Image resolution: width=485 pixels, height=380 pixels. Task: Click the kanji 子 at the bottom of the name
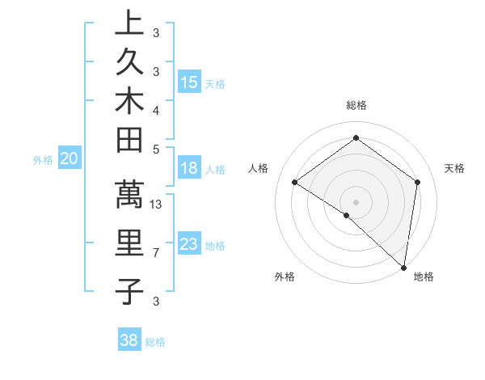pyautogui.click(x=129, y=291)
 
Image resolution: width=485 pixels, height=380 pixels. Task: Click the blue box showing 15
pyautogui.click(x=189, y=82)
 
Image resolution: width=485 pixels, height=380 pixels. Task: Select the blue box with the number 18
pyautogui.click(x=189, y=168)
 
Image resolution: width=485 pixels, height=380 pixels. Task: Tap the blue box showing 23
pyautogui.click(x=189, y=244)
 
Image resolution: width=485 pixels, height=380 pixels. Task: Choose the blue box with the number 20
pyautogui.click(x=70, y=159)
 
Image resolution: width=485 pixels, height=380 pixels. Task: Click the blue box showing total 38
pyautogui.click(x=129, y=340)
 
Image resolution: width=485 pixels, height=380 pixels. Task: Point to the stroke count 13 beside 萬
pyautogui.click(x=157, y=205)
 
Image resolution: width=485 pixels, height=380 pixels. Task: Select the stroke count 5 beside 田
pyautogui.click(x=156, y=150)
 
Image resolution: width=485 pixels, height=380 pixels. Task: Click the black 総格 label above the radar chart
pyautogui.click(x=356, y=105)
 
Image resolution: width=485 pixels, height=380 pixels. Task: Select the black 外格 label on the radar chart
pyautogui.click(x=285, y=277)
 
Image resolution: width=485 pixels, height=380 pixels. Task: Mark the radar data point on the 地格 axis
pyautogui.click(x=403, y=267)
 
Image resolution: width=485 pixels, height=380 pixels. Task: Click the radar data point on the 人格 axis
pyautogui.click(x=295, y=183)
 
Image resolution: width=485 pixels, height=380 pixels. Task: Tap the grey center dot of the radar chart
pyautogui.click(x=356, y=201)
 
